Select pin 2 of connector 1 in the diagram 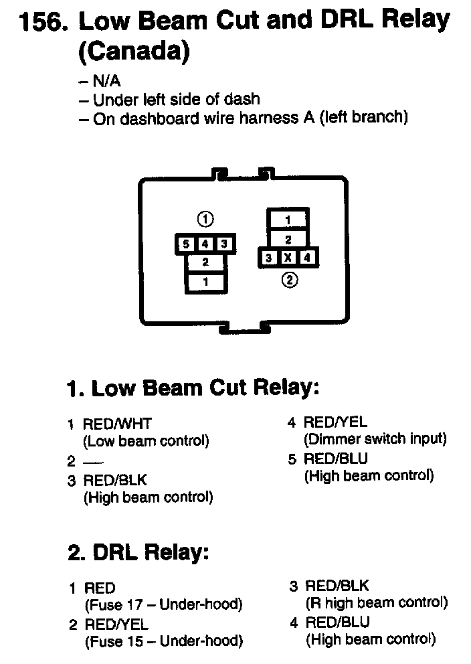coord(205,263)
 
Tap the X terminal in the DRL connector coord(288,258)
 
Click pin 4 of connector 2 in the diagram coord(306,258)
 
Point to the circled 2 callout coord(289,281)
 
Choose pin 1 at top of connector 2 coord(288,220)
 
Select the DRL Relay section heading coord(138,553)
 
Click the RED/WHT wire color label coord(117,424)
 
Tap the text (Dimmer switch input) coord(375,439)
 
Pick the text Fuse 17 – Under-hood coord(163,605)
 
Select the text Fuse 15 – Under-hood coord(163,641)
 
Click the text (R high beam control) coord(377,602)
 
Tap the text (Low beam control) coord(146,441)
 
